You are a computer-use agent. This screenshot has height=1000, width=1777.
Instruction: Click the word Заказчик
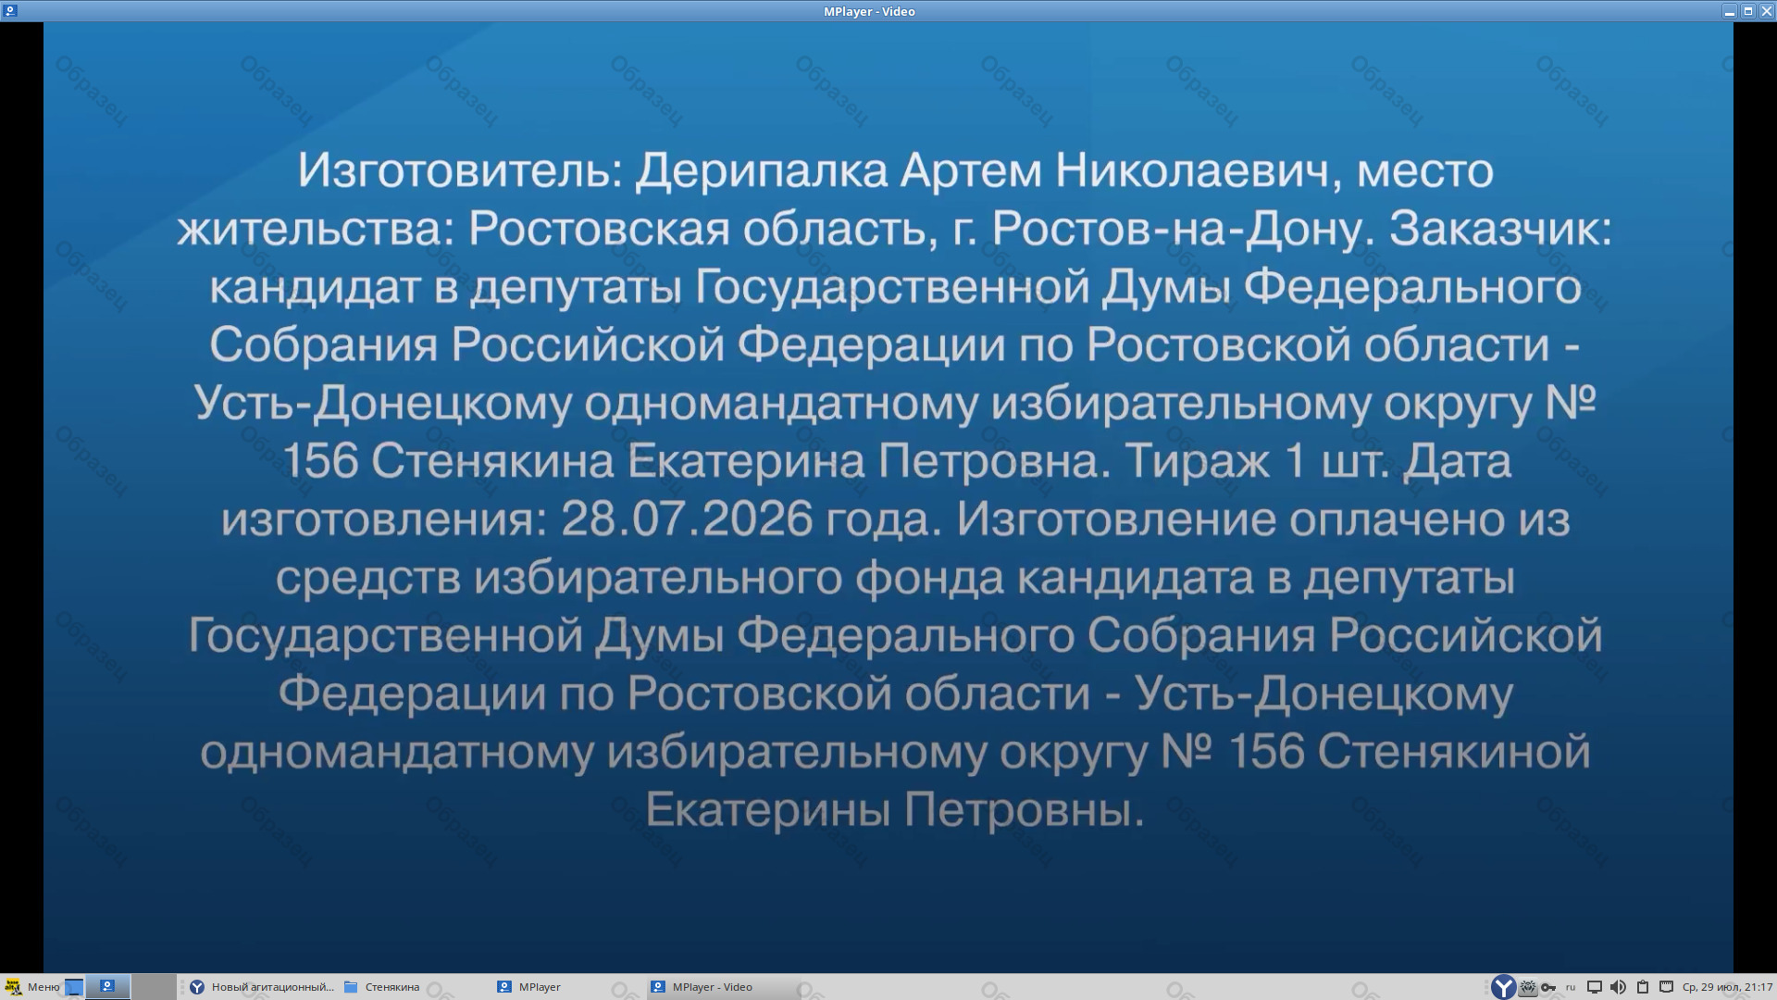tap(1500, 229)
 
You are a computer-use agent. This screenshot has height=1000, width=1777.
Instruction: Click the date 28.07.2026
tap(687, 519)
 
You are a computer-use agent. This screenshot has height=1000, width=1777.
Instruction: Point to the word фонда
tap(928, 578)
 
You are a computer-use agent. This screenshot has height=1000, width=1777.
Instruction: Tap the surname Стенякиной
tap(1454, 752)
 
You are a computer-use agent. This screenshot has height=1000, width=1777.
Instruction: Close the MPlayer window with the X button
tap(1766, 11)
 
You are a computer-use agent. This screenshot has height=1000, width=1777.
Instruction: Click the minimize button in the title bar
tap(1729, 11)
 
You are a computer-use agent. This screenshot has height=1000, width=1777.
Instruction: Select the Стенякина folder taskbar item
tap(381, 987)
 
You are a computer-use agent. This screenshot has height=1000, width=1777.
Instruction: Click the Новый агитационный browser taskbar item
tap(262, 987)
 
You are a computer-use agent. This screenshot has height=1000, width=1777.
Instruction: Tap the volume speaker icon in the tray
tap(1618, 987)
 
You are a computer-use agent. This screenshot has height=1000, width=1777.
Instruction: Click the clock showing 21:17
tap(1727, 987)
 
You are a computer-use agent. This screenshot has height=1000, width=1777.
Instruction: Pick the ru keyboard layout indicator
tap(1571, 987)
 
